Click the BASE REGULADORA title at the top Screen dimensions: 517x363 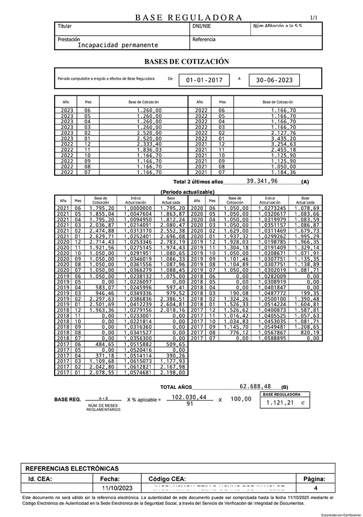point(189,17)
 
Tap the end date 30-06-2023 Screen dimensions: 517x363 point(274,80)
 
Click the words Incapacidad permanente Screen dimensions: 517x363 point(118,45)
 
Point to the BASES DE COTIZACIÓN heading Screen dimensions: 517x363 point(186,62)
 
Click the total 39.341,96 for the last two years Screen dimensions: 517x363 point(262,181)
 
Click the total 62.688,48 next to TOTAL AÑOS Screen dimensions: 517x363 point(255,386)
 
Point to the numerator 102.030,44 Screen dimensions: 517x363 point(189,397)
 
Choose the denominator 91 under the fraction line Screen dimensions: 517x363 point(189,404)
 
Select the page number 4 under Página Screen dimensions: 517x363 point(315,487)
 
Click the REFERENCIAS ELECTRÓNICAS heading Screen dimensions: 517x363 point(72,469)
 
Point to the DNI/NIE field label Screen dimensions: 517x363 point(202,26)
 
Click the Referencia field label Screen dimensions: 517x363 point(204,40)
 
